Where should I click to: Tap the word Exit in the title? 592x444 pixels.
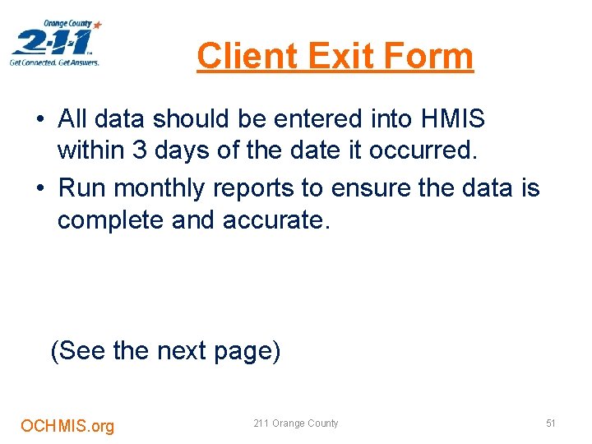tap(329, 57)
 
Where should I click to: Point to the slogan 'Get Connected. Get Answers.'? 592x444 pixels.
tap(54, 62)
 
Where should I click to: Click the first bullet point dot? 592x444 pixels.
tap(40, 120)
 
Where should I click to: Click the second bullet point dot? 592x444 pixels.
tap(40, 189)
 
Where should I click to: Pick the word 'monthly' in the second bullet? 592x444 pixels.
tap(160, 188)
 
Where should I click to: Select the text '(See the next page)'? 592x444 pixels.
tap(165, 351)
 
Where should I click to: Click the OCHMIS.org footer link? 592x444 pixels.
tap(67, 426)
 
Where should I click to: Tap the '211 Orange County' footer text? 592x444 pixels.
tap(295, 423)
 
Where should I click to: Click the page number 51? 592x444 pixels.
tap(551, 423)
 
